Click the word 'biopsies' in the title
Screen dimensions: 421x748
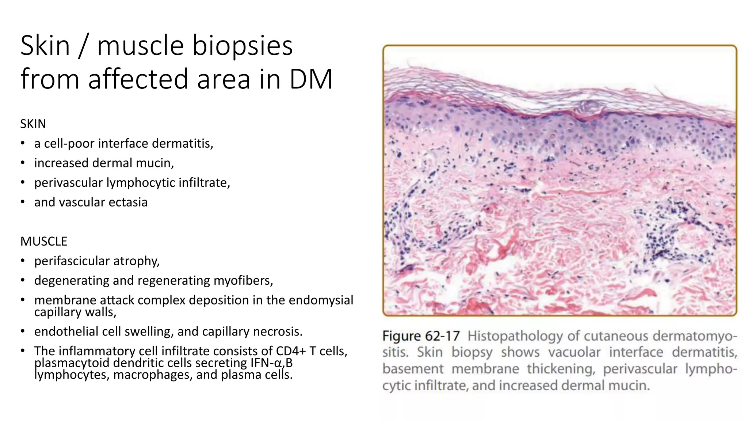(242, 46)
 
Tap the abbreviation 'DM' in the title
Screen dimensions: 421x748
(311, 79)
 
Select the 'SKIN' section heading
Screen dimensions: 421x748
(33, 124)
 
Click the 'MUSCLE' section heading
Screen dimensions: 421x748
(44, 241)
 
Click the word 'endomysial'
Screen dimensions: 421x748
(321, 300)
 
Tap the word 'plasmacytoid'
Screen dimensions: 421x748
(72, 363)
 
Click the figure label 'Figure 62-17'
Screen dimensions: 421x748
(421, 336)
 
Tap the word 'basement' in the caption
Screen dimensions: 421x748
(413, 369)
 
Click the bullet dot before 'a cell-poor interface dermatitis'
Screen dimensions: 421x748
(23, 144)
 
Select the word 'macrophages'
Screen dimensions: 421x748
(152, 375)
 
